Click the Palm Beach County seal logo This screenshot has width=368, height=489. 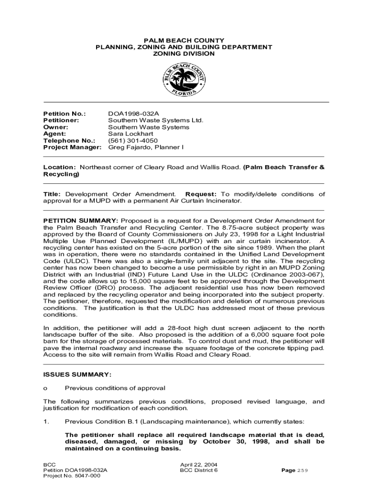click(184, 81)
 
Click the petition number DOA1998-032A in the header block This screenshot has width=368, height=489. click(133, 114)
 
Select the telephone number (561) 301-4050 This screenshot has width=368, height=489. click(133, 141)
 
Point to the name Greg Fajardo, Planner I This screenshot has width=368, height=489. click(146, 148)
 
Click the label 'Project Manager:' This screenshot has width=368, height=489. click(72, 148)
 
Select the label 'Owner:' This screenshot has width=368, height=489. click(55, 128)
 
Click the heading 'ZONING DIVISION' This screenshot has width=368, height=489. click(184, 54)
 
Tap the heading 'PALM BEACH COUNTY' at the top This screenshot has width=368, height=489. click(184, 41)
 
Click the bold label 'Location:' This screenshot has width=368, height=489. click(60, 168)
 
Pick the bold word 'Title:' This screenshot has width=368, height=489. click(52, 194)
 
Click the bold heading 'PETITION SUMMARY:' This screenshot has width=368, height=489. click(81, 221)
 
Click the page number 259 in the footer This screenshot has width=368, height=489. click(303, 470)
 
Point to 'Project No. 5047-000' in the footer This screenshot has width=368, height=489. click(72, 476)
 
